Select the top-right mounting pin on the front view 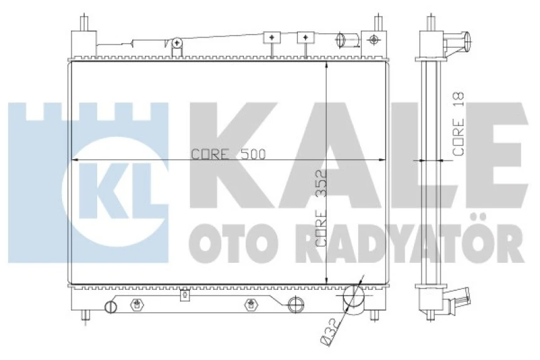[378, 22]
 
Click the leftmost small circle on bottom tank [110, 307]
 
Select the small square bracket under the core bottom [184, 295]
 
